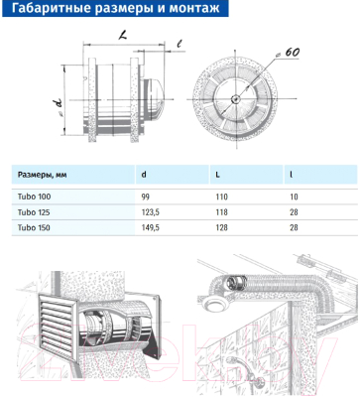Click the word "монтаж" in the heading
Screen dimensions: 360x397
coord(194,8)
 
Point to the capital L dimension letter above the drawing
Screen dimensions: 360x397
coord(123,36)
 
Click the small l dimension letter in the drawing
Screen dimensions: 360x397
coord(180,44)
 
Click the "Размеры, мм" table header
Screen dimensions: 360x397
coord(42,175)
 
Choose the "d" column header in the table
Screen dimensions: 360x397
coord(144,175)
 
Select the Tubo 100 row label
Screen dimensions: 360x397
coord(35,197)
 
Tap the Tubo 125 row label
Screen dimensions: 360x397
coord(34,212)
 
